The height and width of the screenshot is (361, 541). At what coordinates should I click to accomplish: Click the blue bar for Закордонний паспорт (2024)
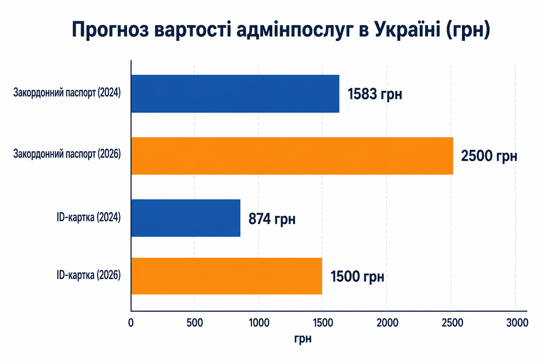click(x=235, y=94)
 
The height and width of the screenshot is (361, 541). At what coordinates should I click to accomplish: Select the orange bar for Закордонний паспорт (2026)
click(x=292, y=156)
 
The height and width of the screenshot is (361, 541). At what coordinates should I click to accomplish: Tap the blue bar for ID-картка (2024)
click(x=186, y=218)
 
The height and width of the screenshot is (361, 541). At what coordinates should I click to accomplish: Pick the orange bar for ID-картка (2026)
click(x=227, y=276)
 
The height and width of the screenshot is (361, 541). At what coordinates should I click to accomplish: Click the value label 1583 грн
click(x=375, y=94)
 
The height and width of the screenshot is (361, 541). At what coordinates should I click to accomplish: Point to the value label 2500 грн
click(x=489, y=156)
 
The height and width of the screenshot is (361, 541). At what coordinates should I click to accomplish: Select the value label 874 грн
click(x=272, y=219)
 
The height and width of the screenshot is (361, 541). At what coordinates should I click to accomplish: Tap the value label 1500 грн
click(x=357, y=276)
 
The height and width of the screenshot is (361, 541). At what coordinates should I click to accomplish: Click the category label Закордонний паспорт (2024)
click(x=67, y=93)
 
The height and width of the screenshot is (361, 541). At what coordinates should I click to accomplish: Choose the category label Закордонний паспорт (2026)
click(x=67, y=154)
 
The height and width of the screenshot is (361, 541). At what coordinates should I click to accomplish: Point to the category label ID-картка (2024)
click(x=89, y=217)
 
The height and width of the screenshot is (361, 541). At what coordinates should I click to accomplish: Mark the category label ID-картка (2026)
click(x=89, y=275)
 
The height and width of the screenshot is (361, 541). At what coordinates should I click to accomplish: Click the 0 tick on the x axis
click(x=131, y=323)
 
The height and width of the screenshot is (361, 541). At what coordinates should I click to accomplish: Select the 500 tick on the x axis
click(x=195, y=323)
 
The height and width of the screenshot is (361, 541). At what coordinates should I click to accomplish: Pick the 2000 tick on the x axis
click(x=387, y=323)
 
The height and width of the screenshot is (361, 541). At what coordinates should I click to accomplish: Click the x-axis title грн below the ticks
click(x=303, y=339)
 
